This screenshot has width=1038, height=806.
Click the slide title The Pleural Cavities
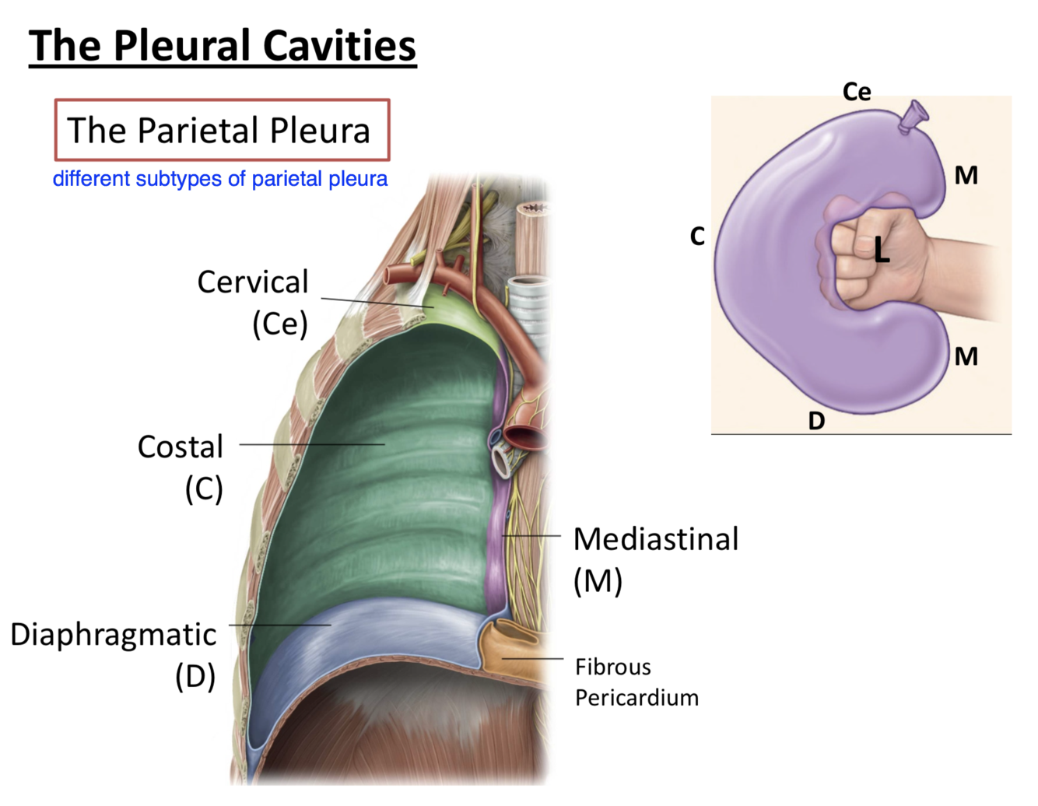pyautogui.click(x=223, y=45)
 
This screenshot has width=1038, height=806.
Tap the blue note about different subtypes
pyautogui.click(x=220, y=179)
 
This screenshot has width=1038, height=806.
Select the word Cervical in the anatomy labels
pyautogui.click(x=253, y=282)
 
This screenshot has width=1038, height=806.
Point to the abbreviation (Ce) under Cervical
pyautogui.click(x=280, y=324)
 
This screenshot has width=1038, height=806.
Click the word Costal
pyautogui.click(x=181, y=447)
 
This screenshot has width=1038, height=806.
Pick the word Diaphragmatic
pyautogui.click(x=114, y=635)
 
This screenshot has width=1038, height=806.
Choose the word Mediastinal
pyautogui.click(x=656, y=539)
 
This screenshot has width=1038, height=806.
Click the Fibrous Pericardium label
pyautogui.click(x=636, y=682)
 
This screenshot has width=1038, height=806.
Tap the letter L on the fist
pyautogui.click(x=881, y=250)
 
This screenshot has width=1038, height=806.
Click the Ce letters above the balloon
pyautogui.click(x=857, y=92)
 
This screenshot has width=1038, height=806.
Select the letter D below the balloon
pyautogui.click(x=816, y=421)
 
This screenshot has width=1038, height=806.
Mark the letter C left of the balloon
pyautogui.click(x=697, y=236)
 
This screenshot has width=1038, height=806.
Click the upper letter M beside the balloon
pyautogui.click(x=966, y=176)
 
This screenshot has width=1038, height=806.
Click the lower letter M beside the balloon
pyautogui.click(x=966, y=356)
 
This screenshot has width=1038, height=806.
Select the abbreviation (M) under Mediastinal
pyautogui.click(x=598, y=581)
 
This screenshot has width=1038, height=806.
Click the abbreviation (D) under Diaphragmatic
pyautogui.click(x=195, y=676)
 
